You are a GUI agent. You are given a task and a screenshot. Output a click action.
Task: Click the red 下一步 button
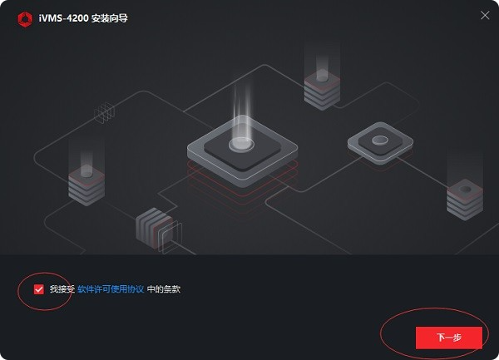coord(449,338)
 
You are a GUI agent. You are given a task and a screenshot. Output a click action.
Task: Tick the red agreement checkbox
coord(39,289)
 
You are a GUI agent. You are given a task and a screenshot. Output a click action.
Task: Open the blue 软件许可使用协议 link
coord(111,289)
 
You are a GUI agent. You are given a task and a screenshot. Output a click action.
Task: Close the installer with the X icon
coord(485,15)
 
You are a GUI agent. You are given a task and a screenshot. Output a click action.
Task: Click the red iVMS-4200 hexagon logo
coord(25,19)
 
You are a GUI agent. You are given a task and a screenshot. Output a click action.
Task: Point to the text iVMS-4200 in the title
coord(63,18)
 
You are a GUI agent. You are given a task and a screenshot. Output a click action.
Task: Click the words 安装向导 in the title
coord(110,18)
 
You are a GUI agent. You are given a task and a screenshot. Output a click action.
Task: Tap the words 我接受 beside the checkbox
coord(62,289)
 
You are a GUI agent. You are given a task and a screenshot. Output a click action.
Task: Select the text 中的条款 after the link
coord(164,289)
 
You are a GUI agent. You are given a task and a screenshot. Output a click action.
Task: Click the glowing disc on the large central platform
coord(241,144)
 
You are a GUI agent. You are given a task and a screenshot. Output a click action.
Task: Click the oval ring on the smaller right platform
coord(380,141)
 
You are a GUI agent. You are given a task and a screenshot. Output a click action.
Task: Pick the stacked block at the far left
coord(86,185)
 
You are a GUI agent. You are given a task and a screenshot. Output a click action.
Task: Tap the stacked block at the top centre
coord(322,90)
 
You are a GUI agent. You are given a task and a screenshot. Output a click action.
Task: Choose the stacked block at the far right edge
coord(465,200)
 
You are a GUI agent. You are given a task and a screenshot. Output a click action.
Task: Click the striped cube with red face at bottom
coord(155,228)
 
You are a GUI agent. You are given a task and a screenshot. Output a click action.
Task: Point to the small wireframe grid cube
coord(105,112)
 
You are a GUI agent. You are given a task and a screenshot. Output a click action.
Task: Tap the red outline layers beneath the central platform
coord(243,191)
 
